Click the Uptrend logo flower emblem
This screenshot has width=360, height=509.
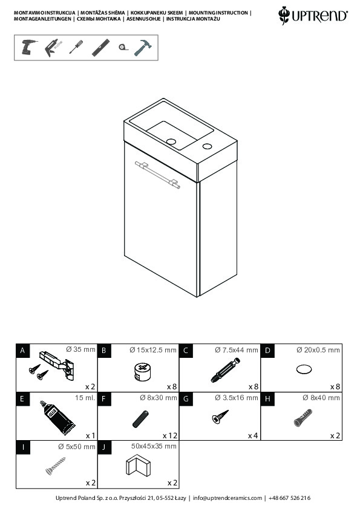[x=284, y=15]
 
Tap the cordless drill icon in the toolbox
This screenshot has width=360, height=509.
[x=28, y=47]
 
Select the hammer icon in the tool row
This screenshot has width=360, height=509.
[x=143, y=48]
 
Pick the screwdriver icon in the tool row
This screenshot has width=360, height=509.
[x=76, y=47]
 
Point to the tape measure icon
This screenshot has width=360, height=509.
[x=123, y=47]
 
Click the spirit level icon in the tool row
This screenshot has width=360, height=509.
[x=100, y=48]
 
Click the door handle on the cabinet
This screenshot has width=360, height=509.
[x=157, y=175]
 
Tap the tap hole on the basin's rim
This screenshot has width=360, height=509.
[x=208, y=146]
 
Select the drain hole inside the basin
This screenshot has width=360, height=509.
[x=171, y=141]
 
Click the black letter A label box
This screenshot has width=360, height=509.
[x=22, y=351]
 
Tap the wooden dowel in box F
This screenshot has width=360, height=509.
[x=141, y=419]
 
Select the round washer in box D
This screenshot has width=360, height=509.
[x=304, y=369]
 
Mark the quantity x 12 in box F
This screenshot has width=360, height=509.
[x=170, y=435]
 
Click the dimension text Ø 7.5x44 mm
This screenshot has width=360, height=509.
[x=236, y=350]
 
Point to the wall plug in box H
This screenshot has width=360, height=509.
[x=303, y=418]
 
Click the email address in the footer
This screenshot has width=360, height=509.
[x=227, y=498]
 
